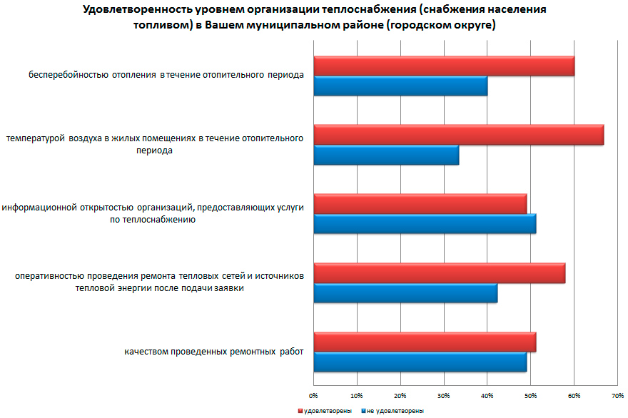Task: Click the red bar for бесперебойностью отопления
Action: (444, 66)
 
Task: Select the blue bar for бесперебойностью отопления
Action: (400, 86)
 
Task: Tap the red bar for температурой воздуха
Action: (458, 135)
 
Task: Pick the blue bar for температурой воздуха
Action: (386, 155)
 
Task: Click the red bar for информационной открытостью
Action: (420, 204)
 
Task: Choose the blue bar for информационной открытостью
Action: (425, 224)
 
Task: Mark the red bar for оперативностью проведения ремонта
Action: (439, 273)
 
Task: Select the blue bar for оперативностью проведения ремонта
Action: (405, 293)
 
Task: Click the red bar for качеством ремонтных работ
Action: (425, 342)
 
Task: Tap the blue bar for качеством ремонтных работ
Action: (420, 362)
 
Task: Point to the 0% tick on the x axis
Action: (313, 394)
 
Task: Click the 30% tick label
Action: (443, 394)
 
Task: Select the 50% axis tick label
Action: (530, 394)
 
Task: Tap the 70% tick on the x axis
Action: (617, 394)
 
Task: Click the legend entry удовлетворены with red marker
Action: (325, 411)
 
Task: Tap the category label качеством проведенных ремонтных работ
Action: (213, 352)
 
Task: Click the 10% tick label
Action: (357, 394)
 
